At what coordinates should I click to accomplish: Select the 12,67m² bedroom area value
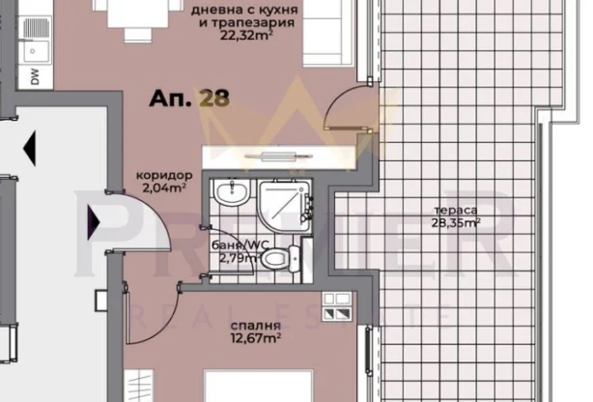(256, 338)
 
